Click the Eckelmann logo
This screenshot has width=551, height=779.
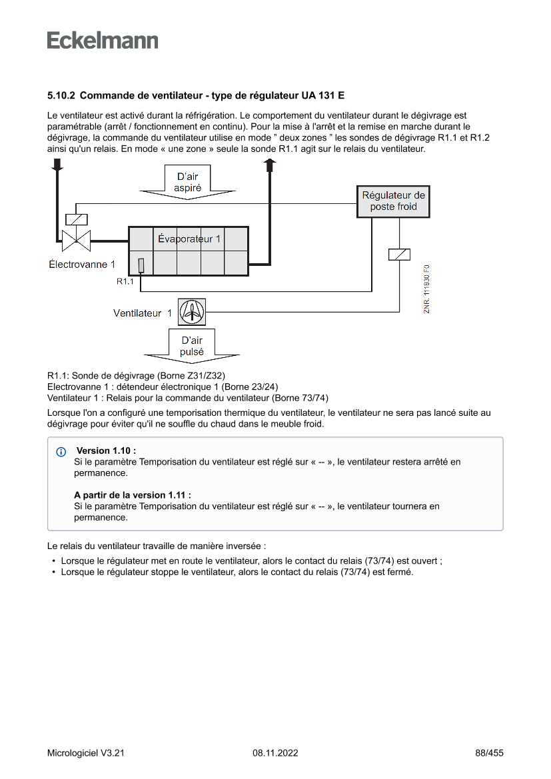tap(103, 41)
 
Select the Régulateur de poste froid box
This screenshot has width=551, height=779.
tap(393, 201)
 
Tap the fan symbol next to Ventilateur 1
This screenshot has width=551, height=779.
tap(192, 312)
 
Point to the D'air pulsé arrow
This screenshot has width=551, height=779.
tap(192, 346)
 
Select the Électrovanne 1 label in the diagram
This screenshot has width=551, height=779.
tap(82, 265)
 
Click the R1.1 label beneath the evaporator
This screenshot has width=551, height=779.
tap(125, 282)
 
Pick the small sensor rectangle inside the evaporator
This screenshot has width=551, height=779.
tap(141, 265)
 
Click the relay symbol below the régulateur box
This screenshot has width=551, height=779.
tap(398, 254)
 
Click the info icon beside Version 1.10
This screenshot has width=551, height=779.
tap(61, 452)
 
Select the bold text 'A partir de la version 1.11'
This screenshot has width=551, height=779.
tap(132, 495)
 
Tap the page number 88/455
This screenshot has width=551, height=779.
tap(489, 753)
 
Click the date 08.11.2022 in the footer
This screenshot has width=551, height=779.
tap(275, 753)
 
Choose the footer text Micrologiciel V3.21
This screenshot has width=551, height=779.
tap(86, 753)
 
